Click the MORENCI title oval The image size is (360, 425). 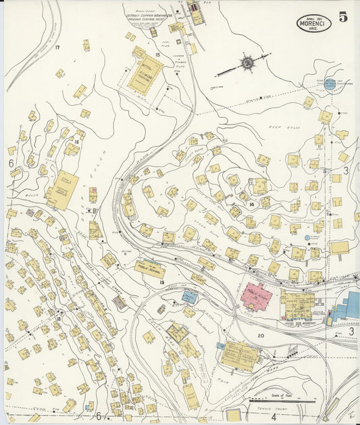pyautogui.click(x=313, y=24)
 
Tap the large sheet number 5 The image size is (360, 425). pyautogui.click(x=343, y=18)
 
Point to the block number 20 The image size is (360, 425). pyautogui.click(x=260, y=336)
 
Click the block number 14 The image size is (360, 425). pyautogui.click(x=251, y=204)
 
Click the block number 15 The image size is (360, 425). pyautogui.click(x=157, y=54)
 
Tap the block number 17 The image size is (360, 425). pyautogui.click(x=58, y=47)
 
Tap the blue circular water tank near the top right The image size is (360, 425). pyautogui.click(x=330, y=85)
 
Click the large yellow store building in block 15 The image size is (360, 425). pyautogui.click(x=145, y=74)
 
